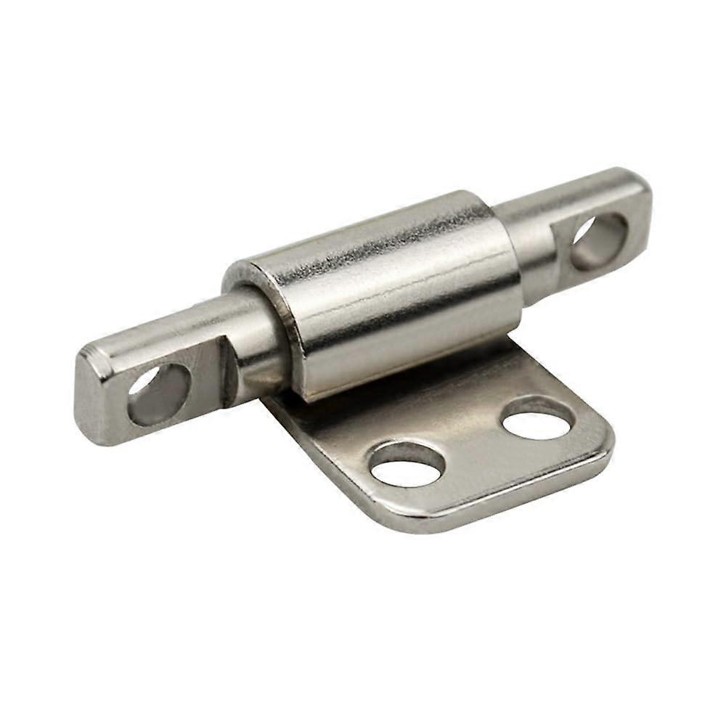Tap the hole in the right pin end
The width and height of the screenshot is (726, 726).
tap(600, 241)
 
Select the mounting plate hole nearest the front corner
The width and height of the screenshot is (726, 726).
tap(407, 463)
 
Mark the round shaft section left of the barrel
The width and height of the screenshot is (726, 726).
tap(250, 341)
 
